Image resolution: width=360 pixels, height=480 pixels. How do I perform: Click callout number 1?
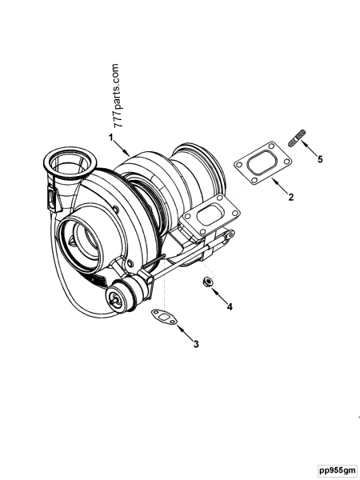coord(111,138)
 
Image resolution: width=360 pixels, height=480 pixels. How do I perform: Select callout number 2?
coord(290,197)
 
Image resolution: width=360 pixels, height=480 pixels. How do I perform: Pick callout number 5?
coord(320,159)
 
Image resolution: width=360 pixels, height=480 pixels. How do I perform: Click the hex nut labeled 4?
coord(206,282)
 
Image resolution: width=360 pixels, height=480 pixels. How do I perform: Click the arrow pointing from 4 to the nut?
coord(218,294)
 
